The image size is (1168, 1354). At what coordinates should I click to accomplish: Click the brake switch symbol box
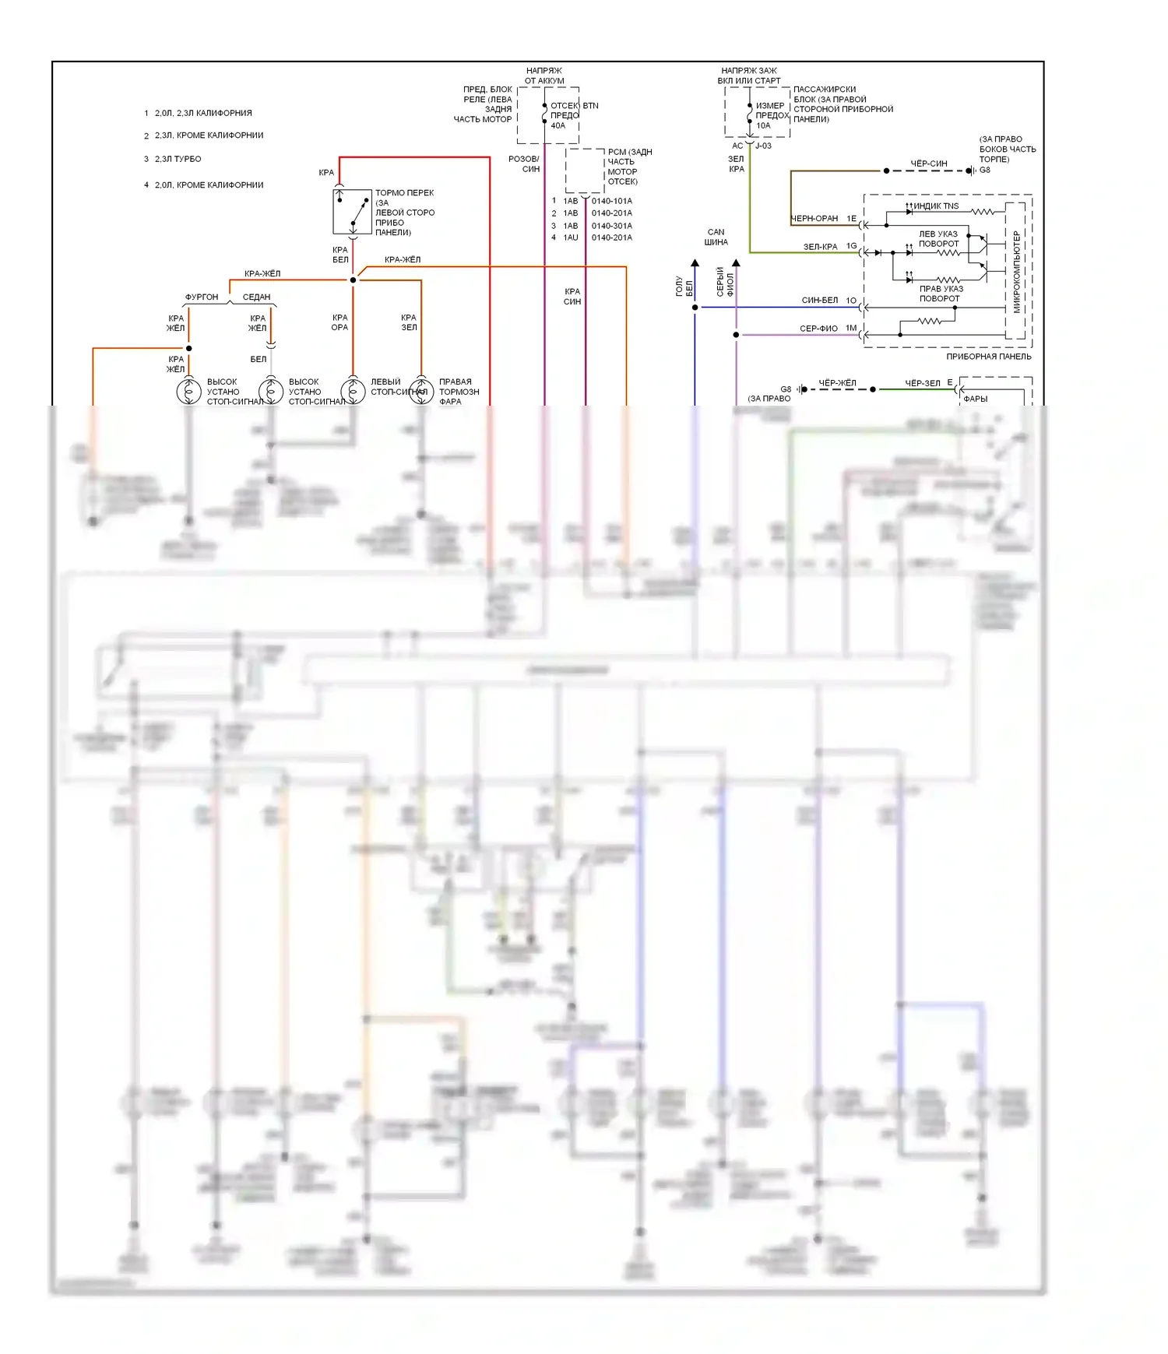click(352, 211)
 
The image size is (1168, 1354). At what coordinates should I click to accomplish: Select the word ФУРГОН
click(202, 297)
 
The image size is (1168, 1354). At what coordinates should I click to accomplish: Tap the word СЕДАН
click(256, 297)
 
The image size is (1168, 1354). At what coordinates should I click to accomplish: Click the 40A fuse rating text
click(558, 125)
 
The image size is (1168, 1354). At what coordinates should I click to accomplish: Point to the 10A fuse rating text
click(763, 125)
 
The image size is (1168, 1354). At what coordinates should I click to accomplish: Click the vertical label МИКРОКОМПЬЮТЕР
click(1016, 272)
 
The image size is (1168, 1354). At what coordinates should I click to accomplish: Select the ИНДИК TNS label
click(936, 206)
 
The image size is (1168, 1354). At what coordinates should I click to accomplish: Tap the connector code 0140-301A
click(612, 226)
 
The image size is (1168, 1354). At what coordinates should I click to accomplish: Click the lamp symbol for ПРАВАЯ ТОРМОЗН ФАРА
click(421, 391)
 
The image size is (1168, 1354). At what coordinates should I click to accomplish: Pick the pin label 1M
click(851, 329)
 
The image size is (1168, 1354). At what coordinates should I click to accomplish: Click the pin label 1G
click(851, 246)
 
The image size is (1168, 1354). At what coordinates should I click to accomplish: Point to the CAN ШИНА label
click(716, 237)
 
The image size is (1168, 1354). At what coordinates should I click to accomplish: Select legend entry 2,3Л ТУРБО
click(178, 159)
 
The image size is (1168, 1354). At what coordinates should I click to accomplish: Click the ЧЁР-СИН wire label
click(929, 164)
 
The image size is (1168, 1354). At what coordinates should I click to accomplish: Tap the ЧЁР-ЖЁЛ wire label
click(837, 383)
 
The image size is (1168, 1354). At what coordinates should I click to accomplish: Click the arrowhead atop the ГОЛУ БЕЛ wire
click(695, 263)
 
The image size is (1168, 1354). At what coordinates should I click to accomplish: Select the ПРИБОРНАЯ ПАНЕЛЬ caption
click(988, 357)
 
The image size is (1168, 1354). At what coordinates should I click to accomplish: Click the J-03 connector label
click(763, 146)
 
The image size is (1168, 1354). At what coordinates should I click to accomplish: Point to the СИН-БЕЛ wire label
click(820, 301)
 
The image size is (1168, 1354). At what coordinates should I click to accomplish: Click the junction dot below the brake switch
click(353, 280)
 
